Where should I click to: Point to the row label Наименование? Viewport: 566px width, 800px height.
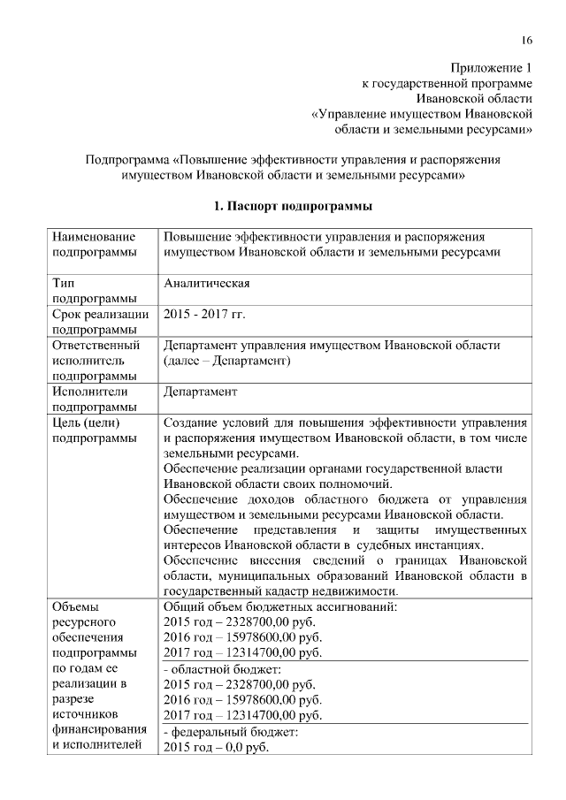point(94,237)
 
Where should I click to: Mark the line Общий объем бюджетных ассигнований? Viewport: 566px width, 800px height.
point(280,606)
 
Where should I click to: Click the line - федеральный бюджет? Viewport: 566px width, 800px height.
point(226,732)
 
